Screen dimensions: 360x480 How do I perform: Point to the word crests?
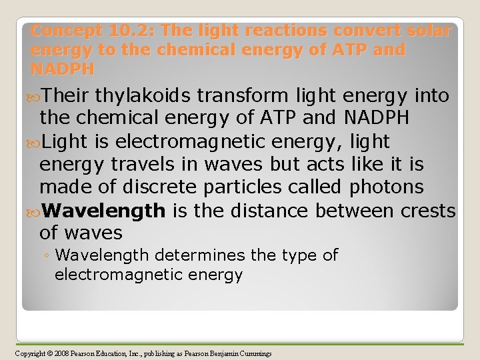pyautogui.click(x=428, y=211)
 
